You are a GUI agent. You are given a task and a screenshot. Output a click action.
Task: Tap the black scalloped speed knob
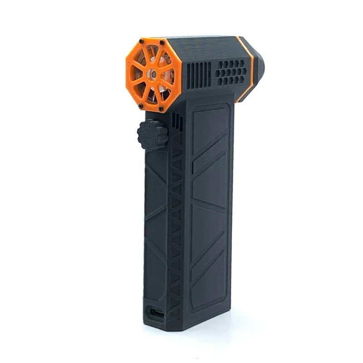pyautogui.click(x=152, y=135)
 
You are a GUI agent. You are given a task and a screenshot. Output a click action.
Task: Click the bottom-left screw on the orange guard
pyautogui.click(x=141, y=106)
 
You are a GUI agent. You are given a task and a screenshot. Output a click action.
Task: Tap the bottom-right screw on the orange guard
pyautogui.click(x=161, y=109)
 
